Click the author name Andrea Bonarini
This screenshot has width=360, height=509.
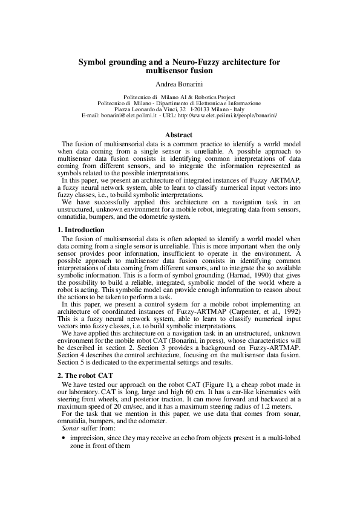point(180,83)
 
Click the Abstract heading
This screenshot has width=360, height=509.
point(179,135)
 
